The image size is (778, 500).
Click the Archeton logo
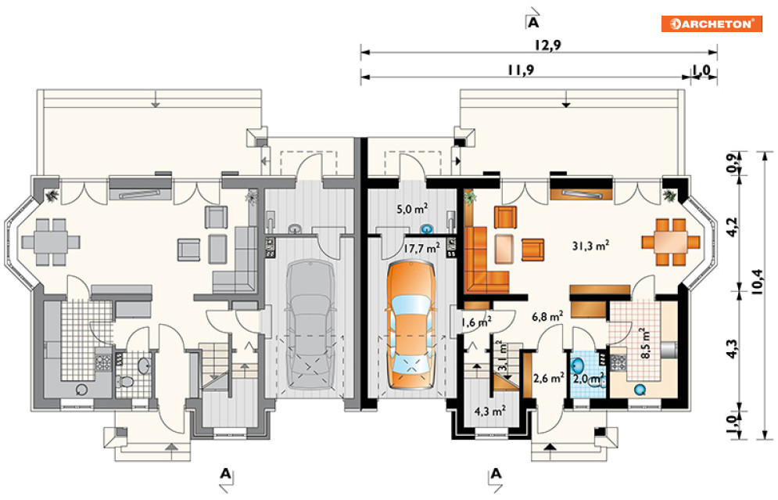[x=712, y=23]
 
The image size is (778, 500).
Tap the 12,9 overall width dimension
[x=548, y=45]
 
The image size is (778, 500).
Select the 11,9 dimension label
[x=521, y=70]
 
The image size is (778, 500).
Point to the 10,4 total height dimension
[x=757, y=282]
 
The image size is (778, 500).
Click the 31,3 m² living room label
[x=590, y=245]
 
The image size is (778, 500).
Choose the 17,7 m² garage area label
[x=421, y=248]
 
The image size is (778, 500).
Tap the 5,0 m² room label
[x=412, y=209]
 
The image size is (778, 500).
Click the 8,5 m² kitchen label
[x=645, y=343]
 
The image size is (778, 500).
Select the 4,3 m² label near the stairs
[x=489, y=411]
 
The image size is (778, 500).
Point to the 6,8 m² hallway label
[x=547, y=316]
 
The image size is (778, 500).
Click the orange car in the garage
[x=410, y=325]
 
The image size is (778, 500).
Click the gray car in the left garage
[x=310, y=325]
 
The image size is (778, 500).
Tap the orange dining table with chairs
[x=670, y=242]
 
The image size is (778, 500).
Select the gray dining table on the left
[x=51, y=242]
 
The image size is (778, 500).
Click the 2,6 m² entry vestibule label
[x=548, y=378]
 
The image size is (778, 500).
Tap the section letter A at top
[x=533, y=22]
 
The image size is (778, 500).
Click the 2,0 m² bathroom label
[x=589, y=379]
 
